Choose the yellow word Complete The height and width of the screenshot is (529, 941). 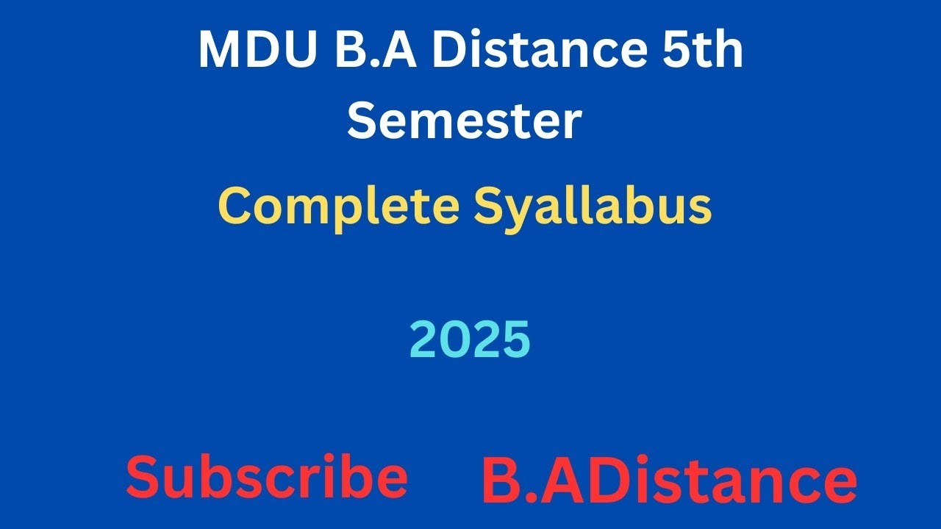click(338, 206)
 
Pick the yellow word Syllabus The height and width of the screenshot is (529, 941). click(593, 208)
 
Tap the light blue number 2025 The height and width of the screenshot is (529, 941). click(470, 340)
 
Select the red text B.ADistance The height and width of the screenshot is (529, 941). click(669, 481)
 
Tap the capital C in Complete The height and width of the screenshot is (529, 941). click(234, 206)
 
